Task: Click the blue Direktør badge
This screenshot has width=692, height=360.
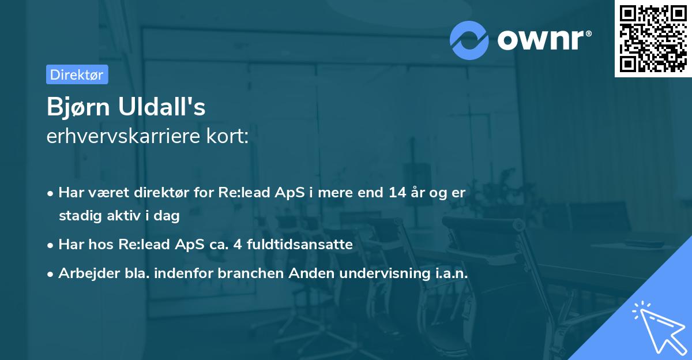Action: [77, 74]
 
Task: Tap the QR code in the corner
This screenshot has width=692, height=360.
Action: [653, 39]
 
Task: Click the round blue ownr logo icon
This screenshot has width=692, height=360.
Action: [469, 40]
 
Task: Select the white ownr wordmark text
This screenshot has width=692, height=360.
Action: [540, 40]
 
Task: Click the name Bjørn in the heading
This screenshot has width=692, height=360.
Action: [78, 107]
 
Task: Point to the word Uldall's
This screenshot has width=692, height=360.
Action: [161, 106]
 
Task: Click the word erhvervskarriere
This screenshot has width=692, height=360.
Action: [123, 136]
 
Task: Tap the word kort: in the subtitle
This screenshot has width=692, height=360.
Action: [227, 136]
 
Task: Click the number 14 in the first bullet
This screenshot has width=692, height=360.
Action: [397, 193]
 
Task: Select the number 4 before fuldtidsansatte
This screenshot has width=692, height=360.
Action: [238, 245]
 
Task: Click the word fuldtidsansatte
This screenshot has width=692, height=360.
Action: [300, 245]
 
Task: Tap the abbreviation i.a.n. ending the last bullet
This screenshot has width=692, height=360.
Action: [452, 273]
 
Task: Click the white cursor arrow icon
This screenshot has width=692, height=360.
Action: [660, 328]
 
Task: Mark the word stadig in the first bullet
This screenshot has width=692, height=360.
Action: [80, 216]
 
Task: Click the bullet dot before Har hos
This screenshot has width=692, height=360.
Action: [50, 246]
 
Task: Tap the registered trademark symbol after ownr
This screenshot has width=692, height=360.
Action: [588, 33]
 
